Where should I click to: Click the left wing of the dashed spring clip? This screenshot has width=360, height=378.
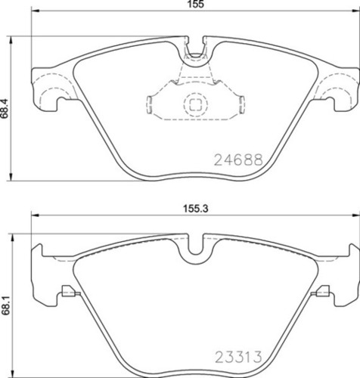pos(155,103)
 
